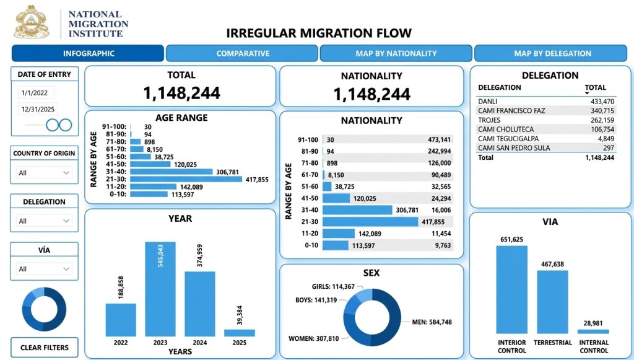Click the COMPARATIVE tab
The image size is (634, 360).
(x=242, y=53)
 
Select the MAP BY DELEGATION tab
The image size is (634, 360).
(x=552, y=53)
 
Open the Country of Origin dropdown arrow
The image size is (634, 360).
(x=66, y=173)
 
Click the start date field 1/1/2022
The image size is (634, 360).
(x=36, y=92)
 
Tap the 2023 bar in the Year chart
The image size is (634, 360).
(x=160, y=289)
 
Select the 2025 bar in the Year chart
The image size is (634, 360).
(x=240, y=333)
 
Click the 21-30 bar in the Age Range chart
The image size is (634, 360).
(x=186, y=179)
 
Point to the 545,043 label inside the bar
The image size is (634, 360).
(x=160, y=256)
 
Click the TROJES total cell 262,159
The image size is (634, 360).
(x=602, y=120)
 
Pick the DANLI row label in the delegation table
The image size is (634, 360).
(x=488, y=102)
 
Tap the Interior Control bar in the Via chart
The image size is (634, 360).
(x=512, y=289)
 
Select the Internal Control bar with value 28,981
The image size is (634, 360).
(x=593, y=331)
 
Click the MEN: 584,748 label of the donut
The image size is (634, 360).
(x=432, y=322)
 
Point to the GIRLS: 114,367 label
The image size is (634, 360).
(x=333, y=286)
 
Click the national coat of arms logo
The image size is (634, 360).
(x=32, y=22)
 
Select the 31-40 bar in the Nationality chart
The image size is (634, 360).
(x=357, y=210)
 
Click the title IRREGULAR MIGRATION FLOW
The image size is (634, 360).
(x=319, y=33)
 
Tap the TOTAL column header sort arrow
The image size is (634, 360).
(x=587, y=94)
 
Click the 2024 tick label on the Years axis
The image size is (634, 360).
(x=200, y=343)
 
